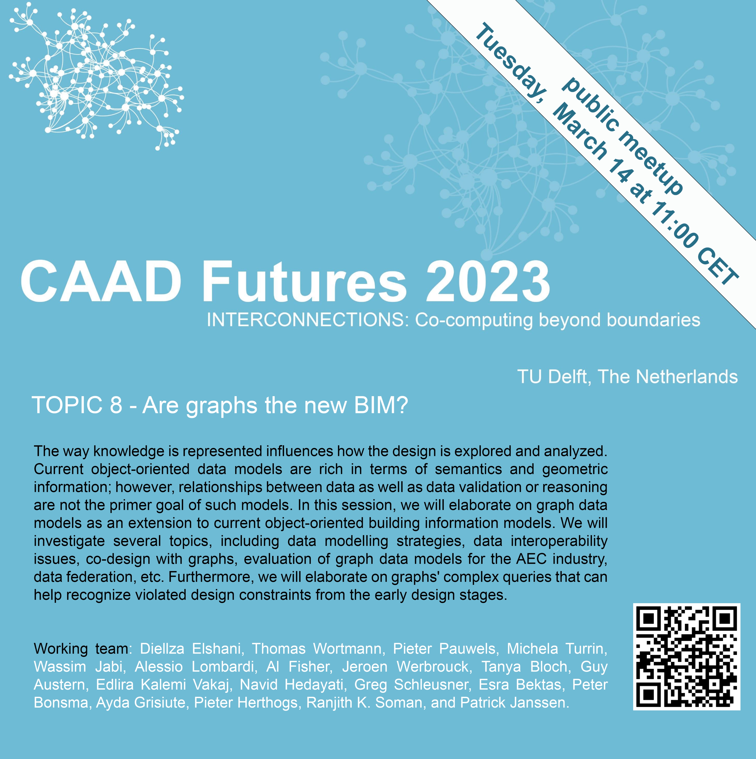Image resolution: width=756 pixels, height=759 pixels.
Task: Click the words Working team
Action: point(81,649)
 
